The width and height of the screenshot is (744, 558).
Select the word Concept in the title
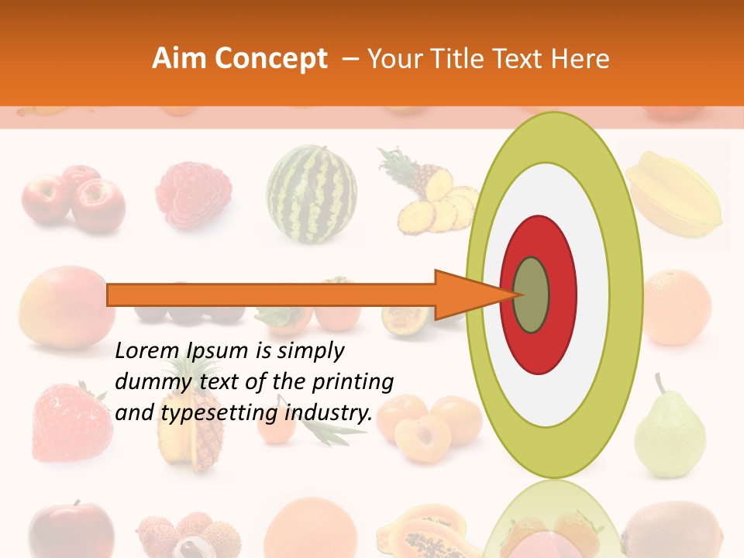(271, 59)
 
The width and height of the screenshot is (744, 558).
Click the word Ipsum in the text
(220, 352)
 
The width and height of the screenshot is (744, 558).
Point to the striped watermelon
(312, 194)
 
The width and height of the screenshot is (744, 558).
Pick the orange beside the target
(677, 307)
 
